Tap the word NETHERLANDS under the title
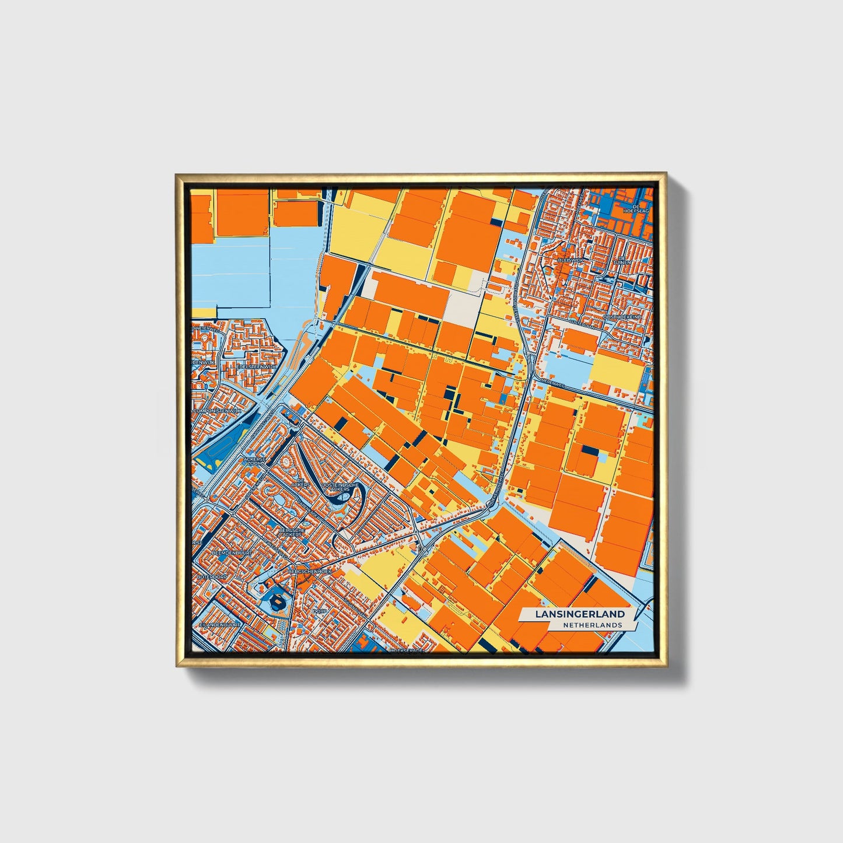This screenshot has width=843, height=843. point(592,625)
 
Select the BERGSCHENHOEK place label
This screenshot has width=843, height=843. point(310,572)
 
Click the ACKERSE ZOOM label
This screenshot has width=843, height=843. point(254,461)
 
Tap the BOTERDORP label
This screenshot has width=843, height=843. point(211,576)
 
